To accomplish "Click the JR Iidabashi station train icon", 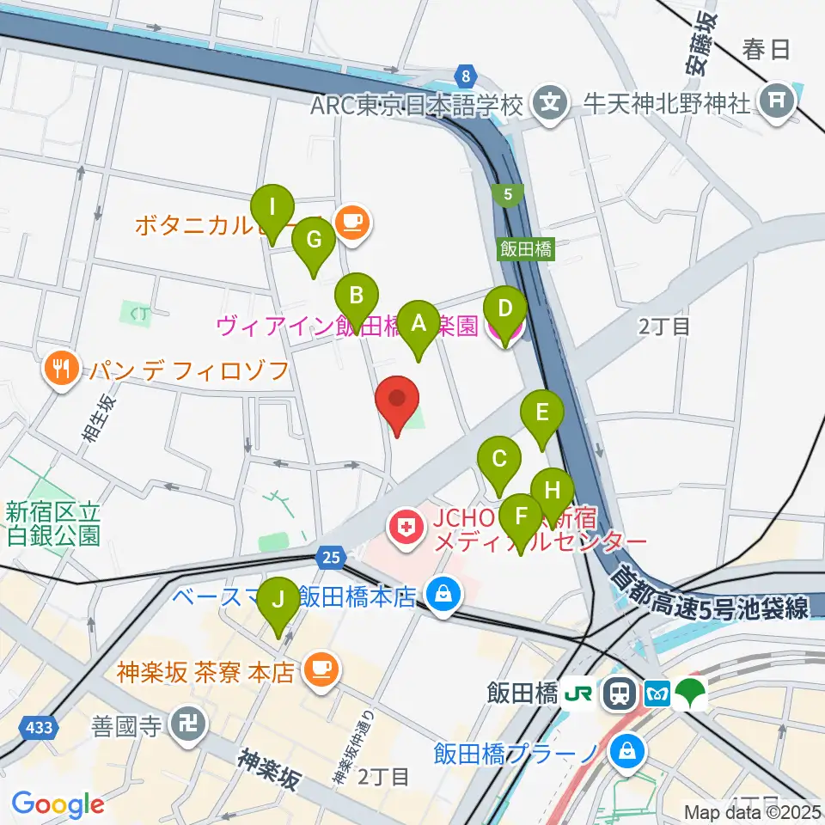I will pos(617,693).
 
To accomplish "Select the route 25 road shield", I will pos(330,558).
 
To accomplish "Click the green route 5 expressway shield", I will pos(509,196).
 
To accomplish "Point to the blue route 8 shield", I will pos(466,76).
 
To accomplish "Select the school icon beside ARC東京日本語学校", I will pos(549,105).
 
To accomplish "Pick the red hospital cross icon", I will pos(407,526).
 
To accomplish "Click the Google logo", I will pos(58,804).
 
